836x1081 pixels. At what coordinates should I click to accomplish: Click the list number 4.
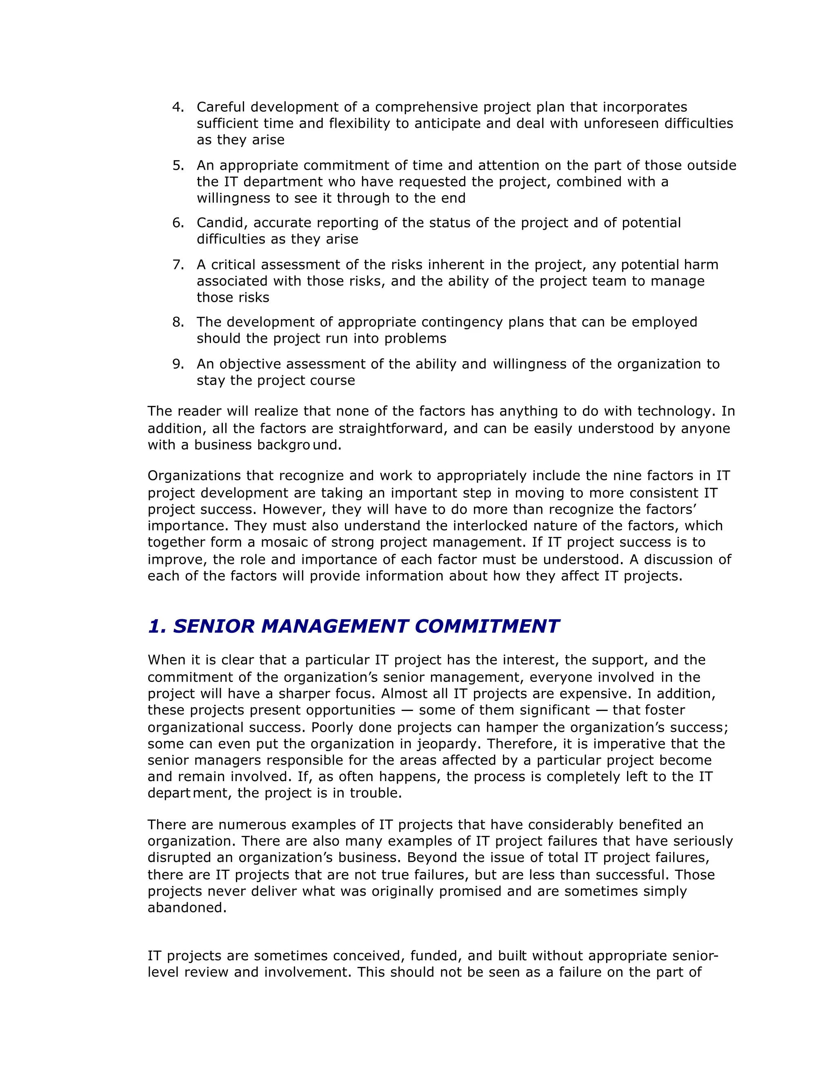178,107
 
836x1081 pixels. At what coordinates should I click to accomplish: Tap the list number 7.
178,265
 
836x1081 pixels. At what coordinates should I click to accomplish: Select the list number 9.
178,364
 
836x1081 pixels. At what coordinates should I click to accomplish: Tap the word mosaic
284,543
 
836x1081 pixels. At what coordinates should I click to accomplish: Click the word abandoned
187,908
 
